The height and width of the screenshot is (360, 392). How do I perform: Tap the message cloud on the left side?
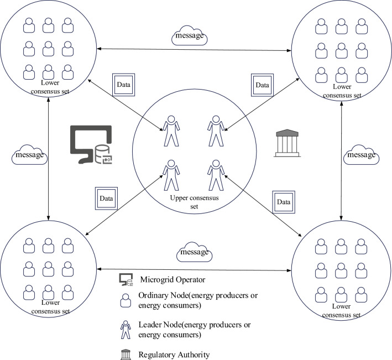[x=30, y=155]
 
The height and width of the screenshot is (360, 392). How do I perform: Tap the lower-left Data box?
[x=104, y=197]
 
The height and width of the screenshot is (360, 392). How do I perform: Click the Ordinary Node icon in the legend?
[x=126, y=300]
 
